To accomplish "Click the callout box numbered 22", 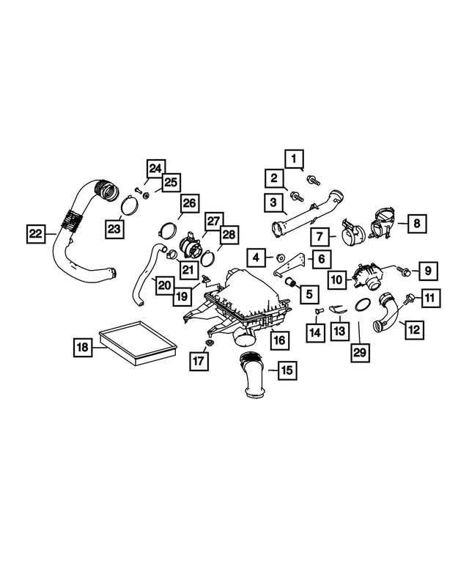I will point(35,234).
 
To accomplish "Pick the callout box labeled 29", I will point(358,352).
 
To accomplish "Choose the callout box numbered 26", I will point(189,202).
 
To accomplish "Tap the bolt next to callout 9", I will point(403,272).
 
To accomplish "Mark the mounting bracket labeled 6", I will point(294,264).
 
